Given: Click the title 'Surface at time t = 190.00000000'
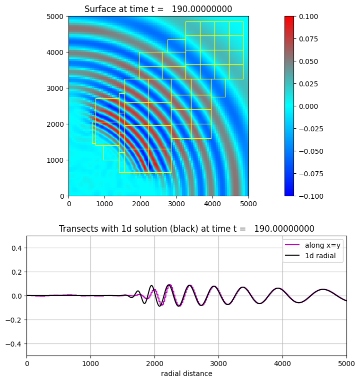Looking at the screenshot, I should pos(158,9).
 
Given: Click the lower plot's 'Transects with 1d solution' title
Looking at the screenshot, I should pos(186,229).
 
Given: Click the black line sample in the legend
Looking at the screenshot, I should pos(293,256).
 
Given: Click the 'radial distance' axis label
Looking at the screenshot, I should pos(186,374).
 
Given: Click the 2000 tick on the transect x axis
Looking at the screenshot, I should pos(154,364).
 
